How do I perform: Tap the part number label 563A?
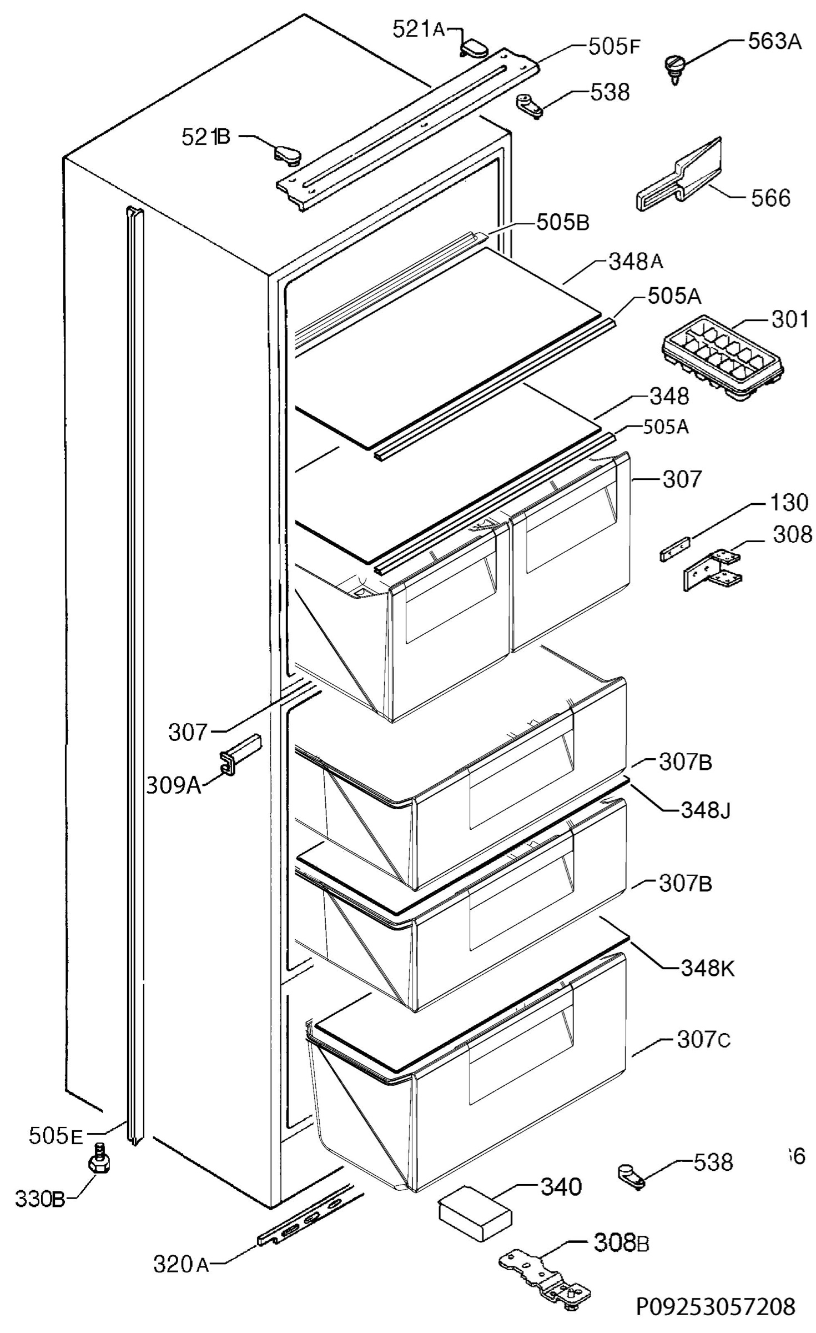click(x=774, y=42)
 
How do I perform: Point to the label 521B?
click(x=205, y=137)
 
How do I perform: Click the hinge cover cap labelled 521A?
click(x=473, y=48)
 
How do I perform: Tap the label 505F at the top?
click(x=614, y=47)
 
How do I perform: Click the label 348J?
click(x=705, y=810)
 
